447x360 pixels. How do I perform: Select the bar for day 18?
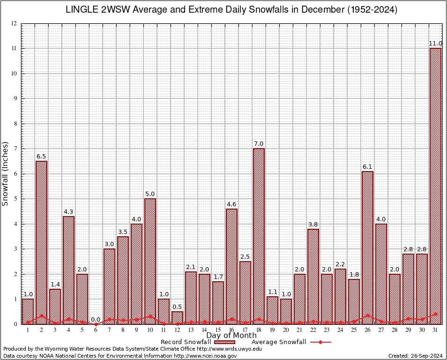[259, 236]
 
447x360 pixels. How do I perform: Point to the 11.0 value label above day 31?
[436, 44]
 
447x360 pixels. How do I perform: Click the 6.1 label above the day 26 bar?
[367, 167]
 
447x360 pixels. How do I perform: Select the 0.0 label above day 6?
[96, 319]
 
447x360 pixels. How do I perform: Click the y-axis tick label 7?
[15, 149]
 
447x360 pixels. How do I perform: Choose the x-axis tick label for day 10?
[150, 330]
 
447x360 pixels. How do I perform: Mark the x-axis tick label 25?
[354, 330]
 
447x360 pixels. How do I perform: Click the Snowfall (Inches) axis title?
[6, 173]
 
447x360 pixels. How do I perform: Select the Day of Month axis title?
[231, 336]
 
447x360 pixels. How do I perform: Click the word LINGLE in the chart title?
[82, 10]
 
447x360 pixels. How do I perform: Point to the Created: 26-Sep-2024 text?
[415, 356]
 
